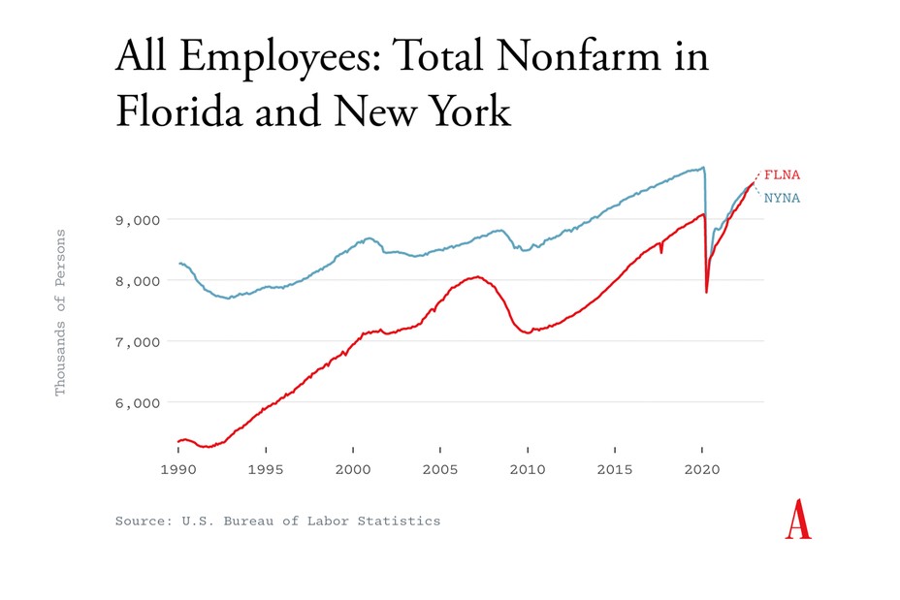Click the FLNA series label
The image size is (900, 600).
coord(783,175)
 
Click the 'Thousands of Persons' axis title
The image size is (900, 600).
coord(60,312)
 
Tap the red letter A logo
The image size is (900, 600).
coord(798,520)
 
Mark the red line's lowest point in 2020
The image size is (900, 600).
coord(706,292)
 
